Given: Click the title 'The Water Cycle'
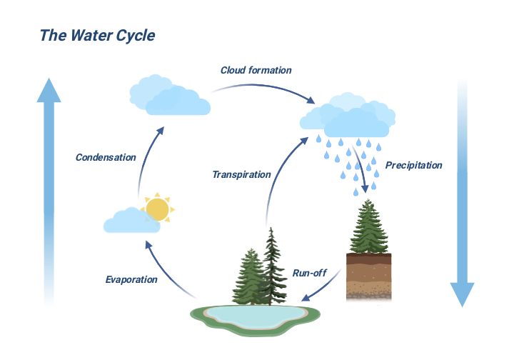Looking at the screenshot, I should click(x=96, y=35).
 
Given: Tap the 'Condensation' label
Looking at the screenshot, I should click(x=106, y=157).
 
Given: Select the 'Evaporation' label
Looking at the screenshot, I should click(x=131, y=279).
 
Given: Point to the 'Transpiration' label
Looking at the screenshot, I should click(x=241, y=174).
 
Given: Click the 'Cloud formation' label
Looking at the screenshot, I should click(x=256, y=70).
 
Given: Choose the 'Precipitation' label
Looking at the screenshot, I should click(x=413, y=165).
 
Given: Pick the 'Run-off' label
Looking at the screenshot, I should click(x=310, y=272).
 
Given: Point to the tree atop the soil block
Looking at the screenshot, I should click(x=368, y=227).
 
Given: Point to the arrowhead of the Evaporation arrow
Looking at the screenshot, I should click(x=148, y=244).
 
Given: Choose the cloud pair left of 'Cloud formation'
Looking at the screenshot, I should click(x=169, y=95).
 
